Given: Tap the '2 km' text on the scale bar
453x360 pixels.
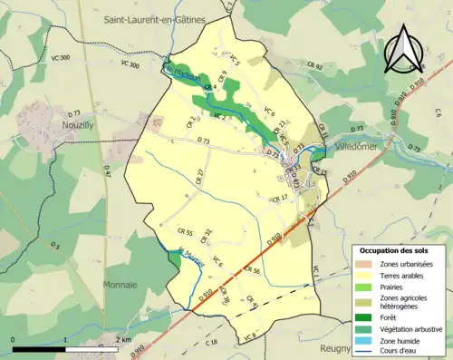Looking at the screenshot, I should (x=124, y=340).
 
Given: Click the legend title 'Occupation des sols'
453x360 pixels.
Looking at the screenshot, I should (x=400, y=249).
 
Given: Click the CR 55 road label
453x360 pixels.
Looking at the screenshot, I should (x=185, y=233).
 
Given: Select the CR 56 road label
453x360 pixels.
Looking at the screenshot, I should (x=251, y=271).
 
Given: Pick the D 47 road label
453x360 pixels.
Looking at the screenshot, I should (x=106, y=169).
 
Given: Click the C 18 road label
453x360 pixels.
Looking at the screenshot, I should (x=212, y=341).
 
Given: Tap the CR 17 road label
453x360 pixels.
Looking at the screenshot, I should (x=277, y=197).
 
